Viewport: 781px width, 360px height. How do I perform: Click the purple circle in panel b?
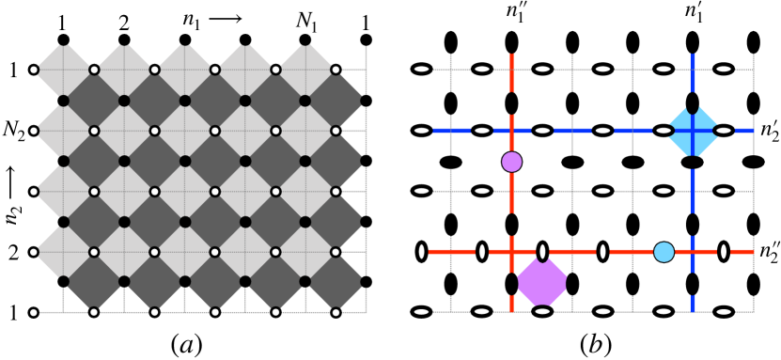[x=511, y=162]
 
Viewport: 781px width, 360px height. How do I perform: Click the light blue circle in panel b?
[x=664, y=251]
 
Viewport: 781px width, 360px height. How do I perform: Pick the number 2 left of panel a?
[x=14, y=252]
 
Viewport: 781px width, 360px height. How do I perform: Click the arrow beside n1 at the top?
[x=225, y=15]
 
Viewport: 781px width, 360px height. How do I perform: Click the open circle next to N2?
[x=34, y=131]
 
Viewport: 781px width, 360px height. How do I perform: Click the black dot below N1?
[x=306, y=39]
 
